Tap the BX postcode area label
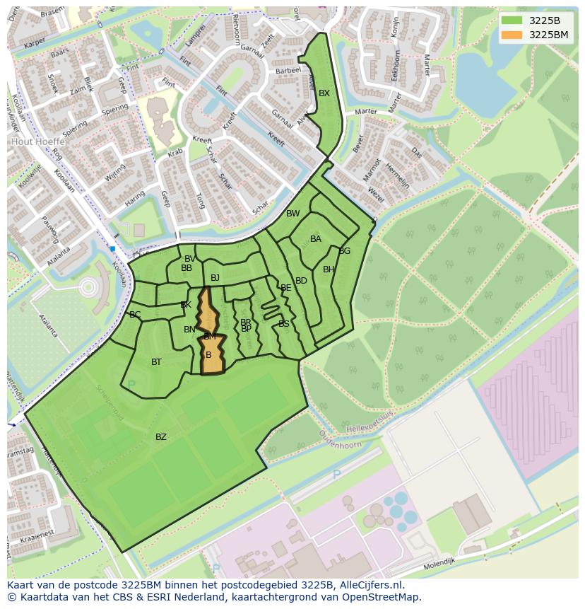pyautogui.click(x=324, y=93)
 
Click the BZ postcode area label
pyautogui.click(x=161, y=437)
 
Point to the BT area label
pyautogui.click(x=156, y=362)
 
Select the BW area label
pyautogui.click(x=292, y=214)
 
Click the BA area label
pyautogui.click(x=316, y=239)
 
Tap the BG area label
pyautogui.click(x=345, y=251)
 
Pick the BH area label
pyautogui.click(x=329, y=269)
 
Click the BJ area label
pyautogui.click(x=215, y=278)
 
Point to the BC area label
pyautogui.click(x=135, y=315)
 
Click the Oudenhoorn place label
pyautogui.click(x=340, y=444)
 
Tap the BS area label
pyautogui.click(x=284, y=324)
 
